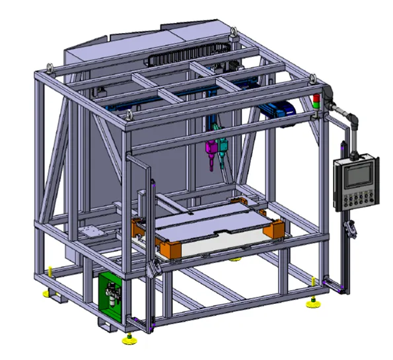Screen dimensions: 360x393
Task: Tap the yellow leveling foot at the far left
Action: coord(45,293)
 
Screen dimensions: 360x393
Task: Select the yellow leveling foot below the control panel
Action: coord(311,304)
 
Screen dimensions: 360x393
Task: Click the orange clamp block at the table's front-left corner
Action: coord(173,248)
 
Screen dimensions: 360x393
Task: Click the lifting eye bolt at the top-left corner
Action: coord(49,66)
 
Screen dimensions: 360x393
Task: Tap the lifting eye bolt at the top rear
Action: coord(233,30)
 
